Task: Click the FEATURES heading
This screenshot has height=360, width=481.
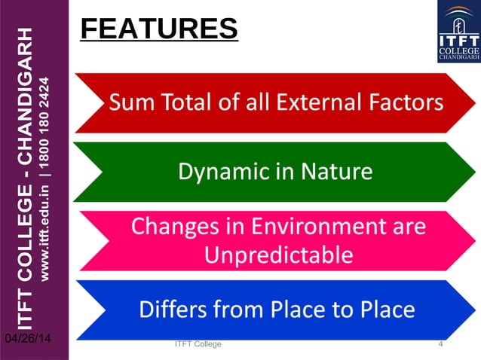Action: coord(158,29)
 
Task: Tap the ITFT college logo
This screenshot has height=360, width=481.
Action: coord(458,32)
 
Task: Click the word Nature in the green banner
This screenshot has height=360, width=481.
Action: coord(337,172)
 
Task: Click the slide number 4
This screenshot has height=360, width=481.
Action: coord(440,344)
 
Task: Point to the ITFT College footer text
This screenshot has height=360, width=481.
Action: coord(198,344)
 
